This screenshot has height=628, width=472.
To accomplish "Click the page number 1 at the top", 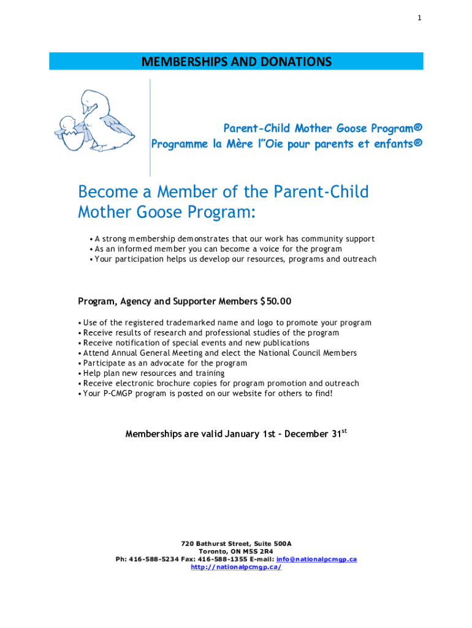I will [x=419, y=18].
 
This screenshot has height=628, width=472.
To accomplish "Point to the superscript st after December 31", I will [x=344, y=431].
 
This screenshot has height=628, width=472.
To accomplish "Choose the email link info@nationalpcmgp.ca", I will [x=316, y=559].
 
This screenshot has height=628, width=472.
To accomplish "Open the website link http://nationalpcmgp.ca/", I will [x=236, y=567].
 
